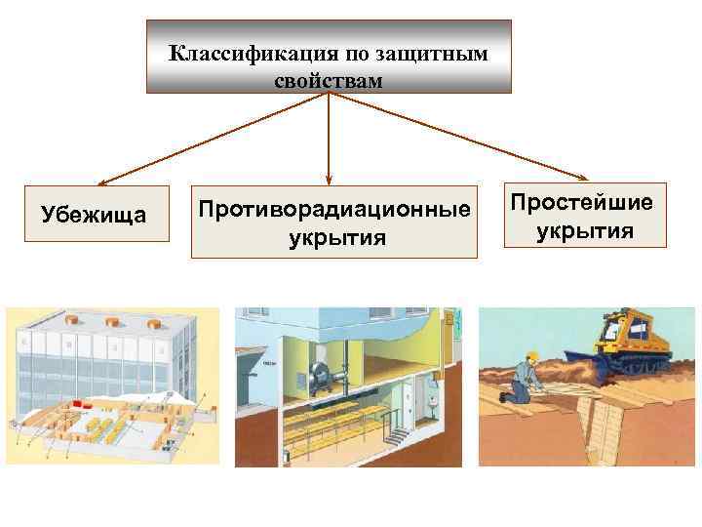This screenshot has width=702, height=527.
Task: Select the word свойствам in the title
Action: click(x=329, y=77)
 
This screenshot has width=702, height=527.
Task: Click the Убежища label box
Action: click(x=93, y=214)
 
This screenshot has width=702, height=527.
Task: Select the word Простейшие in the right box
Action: click(x=582, y=203)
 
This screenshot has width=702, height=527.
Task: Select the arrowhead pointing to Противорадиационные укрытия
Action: click(x=329, y=179)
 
